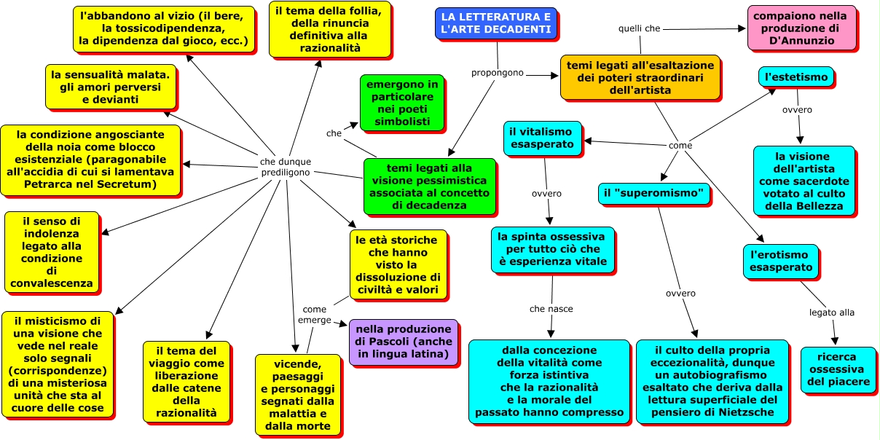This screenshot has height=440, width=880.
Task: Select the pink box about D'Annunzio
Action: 800,28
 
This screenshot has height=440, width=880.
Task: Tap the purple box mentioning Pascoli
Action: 403,342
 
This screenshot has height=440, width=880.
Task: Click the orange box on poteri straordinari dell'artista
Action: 640,77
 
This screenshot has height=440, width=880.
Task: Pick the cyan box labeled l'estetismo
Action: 796,76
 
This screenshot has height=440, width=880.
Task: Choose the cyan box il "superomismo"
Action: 654,194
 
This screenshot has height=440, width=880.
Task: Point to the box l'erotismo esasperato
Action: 782,261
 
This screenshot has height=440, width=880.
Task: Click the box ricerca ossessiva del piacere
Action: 838,369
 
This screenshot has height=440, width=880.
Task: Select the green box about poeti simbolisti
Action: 402,102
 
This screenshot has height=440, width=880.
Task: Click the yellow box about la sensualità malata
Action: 114,86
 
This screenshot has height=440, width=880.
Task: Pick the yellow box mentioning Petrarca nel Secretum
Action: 90,160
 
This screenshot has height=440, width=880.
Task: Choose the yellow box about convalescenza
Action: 52,251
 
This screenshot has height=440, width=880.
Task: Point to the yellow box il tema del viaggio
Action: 186,381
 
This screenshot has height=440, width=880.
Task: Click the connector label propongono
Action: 498,73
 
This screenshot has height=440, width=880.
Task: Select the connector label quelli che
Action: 639,28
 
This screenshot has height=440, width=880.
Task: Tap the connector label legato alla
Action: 831,313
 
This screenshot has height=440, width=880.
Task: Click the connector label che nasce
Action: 551,309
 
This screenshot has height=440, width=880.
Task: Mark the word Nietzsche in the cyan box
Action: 744,412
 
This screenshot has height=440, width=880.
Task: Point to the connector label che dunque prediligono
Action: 286,167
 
